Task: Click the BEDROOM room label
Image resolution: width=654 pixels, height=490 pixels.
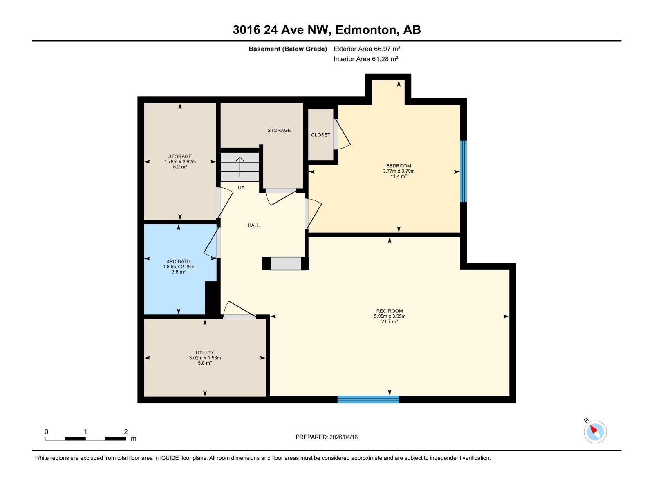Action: pos(399,166)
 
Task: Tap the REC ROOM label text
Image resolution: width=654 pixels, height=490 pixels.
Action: pos(390,311)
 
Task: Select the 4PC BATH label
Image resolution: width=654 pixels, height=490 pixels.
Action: pos(179,261)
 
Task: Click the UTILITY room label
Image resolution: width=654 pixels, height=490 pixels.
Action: pos(205,352)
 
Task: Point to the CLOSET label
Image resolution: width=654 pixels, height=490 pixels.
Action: pos(320,135)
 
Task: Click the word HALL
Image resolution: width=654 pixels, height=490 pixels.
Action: pos(253,225)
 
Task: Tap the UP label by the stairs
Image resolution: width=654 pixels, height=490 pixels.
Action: pos(241,188)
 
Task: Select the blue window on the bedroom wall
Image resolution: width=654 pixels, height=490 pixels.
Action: pos(464,171)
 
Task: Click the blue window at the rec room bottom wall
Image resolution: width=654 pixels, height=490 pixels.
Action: pos(368,399)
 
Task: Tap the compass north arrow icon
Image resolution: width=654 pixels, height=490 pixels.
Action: pos(595,431)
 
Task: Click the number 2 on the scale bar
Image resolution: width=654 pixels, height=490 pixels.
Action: pos(125,432)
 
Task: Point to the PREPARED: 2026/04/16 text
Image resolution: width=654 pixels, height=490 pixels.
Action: pos(327,437)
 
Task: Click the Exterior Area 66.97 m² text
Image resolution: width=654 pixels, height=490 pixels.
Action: pos(367,49)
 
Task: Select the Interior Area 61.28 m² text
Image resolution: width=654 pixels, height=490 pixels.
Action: pos(366,59)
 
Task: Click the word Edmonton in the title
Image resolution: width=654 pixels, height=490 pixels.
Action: pos(366,30)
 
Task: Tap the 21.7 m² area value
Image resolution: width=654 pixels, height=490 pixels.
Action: pos(390,321)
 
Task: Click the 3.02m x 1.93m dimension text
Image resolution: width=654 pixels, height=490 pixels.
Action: pos(205,358)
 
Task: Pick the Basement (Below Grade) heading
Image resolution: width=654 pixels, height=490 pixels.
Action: pos(288,49)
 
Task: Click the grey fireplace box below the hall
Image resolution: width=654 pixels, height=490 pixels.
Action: pos(286,263)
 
